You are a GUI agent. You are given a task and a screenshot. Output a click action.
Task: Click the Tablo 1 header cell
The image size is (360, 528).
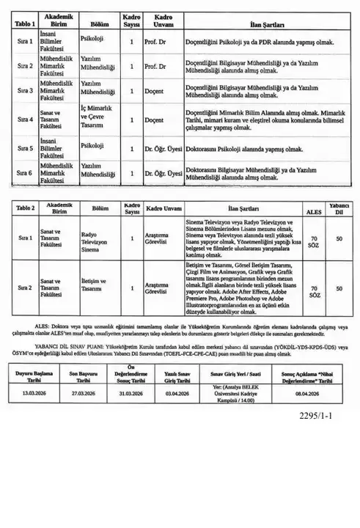(21, 23)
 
